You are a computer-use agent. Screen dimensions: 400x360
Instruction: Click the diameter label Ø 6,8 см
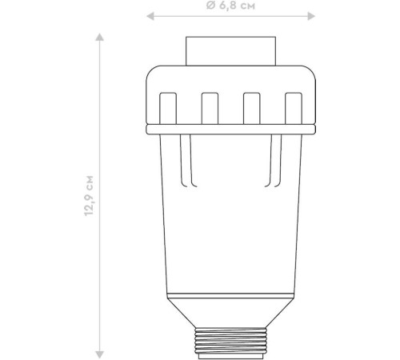pyautogui.click(x=230, y=6)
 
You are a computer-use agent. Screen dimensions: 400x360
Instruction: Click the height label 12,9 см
pyautogui.click(x=89, y=196)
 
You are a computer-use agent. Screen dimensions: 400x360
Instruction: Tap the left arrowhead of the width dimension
pyautogui.click(x=150, y=16)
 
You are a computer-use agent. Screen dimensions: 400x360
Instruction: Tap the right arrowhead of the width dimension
pyautogui.click(x=311, y=16)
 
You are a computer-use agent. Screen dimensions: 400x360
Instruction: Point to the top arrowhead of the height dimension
pyautogui.click(x=100, y=37)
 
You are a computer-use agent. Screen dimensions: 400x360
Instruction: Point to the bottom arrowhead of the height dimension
pyautogui.click(x=100, y=354)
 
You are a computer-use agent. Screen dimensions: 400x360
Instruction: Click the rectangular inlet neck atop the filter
pyautogui.click(x=230, y=51)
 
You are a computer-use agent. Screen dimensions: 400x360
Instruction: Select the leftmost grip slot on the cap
pyautogui.click(x=168, y=108)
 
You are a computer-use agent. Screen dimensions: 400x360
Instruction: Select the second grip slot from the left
pyautogui.click(x=210, y=108)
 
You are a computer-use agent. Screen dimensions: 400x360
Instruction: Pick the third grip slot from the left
pyautogui.click(x=251, y=108)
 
